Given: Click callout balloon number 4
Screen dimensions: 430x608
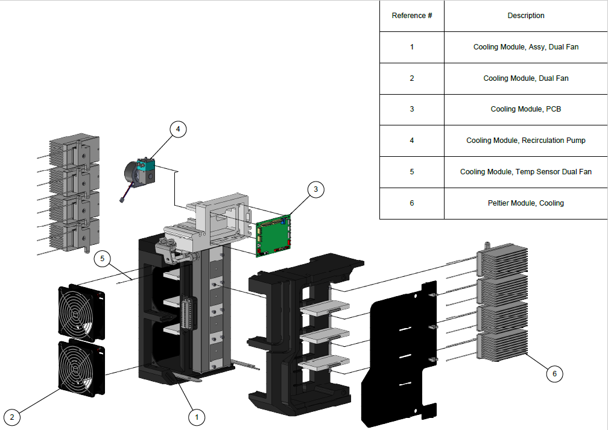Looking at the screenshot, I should click(x=178, y=128).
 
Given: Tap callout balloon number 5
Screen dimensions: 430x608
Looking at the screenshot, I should click(x=103, y=259).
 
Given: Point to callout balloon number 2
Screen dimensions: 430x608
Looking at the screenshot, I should click(x=13, y=417).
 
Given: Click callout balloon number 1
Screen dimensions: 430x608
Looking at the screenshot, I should click(x=195, y=416).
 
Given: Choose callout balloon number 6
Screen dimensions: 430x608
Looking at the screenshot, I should click(x=554, y=374).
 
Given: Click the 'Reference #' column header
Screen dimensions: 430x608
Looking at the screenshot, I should click(x=412, y=16).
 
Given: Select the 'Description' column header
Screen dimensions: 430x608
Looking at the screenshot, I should click(x=525, y=16).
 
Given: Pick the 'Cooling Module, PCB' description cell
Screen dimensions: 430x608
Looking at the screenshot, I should click(x=525, y=109).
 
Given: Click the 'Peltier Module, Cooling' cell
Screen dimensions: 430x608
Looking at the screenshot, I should click(x=525, y=203).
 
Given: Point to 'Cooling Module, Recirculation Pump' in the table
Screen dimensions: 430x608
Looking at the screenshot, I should click(x=525, y=141).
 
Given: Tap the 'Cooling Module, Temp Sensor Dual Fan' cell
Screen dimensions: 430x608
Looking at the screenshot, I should click(x=525, y=172).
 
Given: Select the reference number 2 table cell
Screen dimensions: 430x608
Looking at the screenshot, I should click(x=412, y=78).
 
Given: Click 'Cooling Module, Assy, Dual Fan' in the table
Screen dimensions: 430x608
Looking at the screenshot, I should click(x=525, y=47).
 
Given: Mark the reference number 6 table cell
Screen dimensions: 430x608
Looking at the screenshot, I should click(x=412, y=203).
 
